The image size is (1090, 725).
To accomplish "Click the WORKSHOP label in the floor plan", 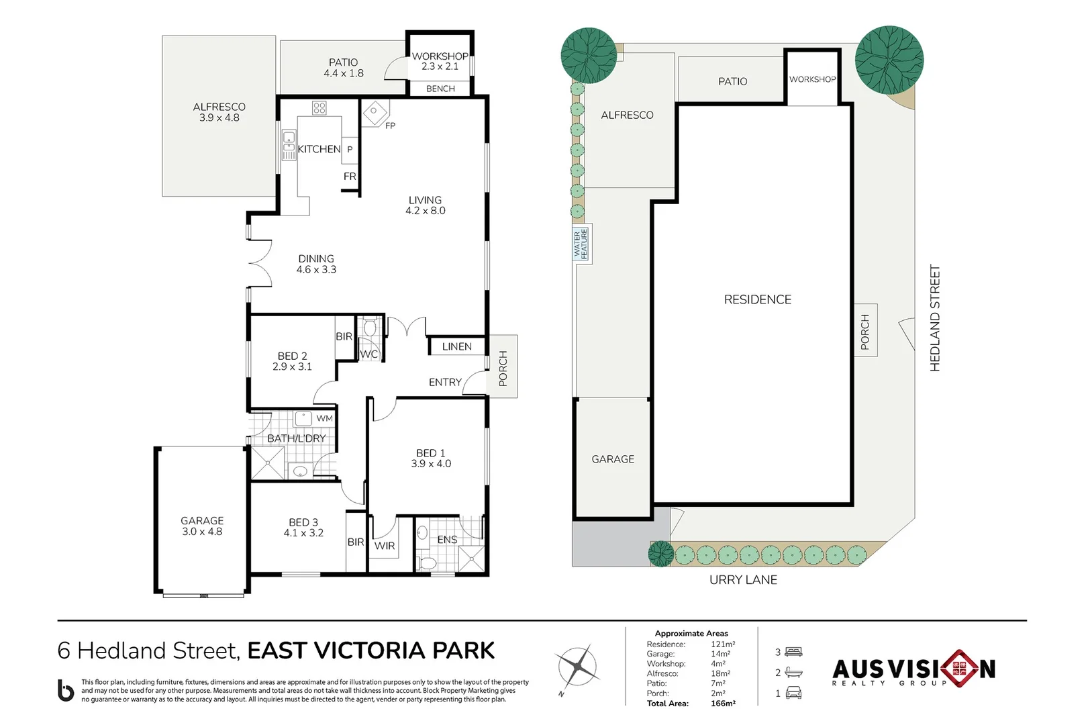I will [440, 56].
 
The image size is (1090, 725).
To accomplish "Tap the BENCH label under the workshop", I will [440, 89].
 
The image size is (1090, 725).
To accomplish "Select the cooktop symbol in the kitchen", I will [319, 108].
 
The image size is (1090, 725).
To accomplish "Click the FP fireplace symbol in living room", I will [375, 112].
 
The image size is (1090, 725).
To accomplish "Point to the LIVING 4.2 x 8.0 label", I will [425, 205].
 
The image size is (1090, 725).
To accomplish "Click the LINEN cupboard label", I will [456, 346].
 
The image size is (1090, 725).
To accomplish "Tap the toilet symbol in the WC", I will [370, 328].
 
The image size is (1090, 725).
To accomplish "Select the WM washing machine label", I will [324, 418].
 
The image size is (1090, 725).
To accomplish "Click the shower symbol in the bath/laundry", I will [267, 463].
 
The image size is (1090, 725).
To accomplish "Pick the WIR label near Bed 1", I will [385, 546].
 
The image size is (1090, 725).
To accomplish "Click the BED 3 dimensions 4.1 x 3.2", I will [303, 533].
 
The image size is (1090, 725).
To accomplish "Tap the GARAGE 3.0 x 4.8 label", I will [202, 526].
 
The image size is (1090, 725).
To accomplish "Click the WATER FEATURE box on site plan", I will [581, 244].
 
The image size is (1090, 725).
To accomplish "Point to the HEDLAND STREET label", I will [935, 318].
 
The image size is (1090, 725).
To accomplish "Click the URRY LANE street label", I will [743, 580].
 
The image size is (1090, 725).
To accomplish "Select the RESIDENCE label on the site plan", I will [757, 300].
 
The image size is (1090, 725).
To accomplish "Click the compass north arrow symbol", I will [577, 667].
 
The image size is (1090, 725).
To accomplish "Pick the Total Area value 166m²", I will [723, 704].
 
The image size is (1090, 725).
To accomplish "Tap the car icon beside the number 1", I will [794, 693].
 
